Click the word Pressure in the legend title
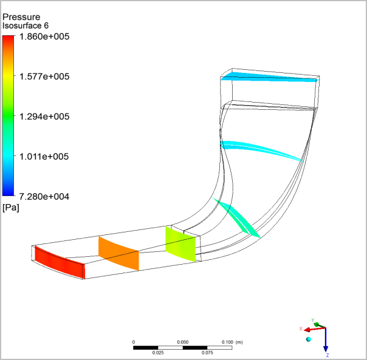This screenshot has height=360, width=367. (21, 17)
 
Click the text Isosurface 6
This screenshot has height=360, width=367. (26, 25)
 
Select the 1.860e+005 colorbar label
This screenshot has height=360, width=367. (44, 36)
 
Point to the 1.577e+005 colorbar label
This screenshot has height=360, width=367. (44, 76)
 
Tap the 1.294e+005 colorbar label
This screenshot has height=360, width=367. (44, 117)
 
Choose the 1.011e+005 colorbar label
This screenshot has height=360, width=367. (44, 156)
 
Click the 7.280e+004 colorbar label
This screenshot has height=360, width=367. (44, 197)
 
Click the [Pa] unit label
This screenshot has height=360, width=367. (11, 208)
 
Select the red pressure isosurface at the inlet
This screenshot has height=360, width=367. (60, 262)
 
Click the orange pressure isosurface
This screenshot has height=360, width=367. (118, 254)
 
